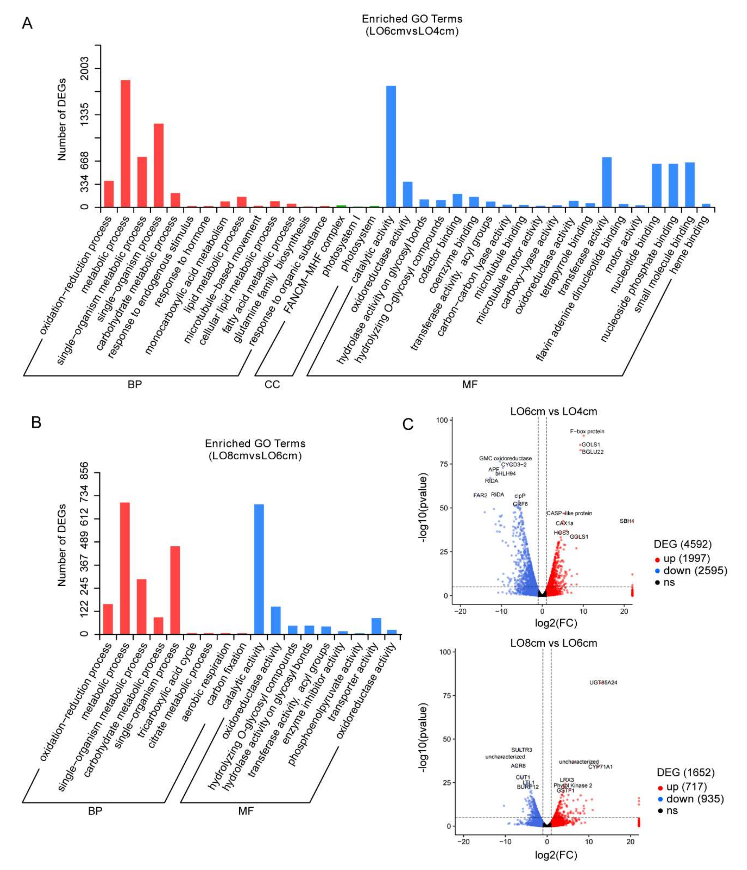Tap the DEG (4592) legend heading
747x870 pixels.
[x=682, y=544]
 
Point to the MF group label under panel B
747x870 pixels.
[x=246, y=811]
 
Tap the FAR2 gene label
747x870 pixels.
[x=480, y=495]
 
